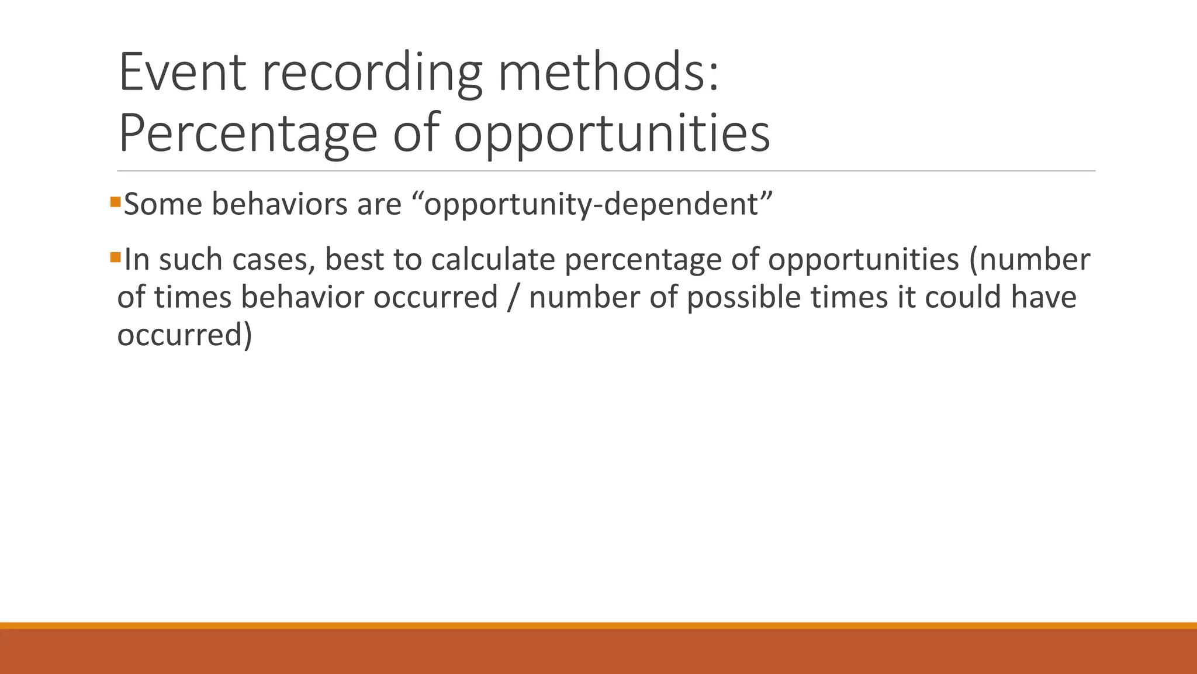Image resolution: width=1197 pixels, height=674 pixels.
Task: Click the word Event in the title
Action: coord(182,73)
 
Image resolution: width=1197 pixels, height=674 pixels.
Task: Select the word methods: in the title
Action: coord(608,73)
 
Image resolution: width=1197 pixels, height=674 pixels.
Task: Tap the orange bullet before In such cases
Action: coord(115,257)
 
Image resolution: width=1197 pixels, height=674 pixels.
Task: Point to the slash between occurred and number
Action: coord(513,297)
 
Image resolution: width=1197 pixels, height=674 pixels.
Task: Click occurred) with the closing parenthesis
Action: coord(185,335)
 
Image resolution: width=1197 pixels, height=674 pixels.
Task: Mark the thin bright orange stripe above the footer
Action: coord(598,625)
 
